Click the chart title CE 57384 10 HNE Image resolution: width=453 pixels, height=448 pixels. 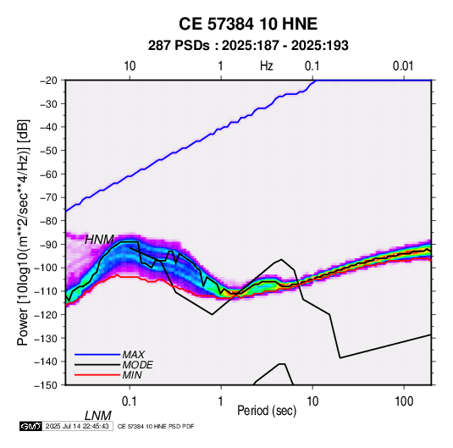248,24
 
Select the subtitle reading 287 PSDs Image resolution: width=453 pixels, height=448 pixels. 179,46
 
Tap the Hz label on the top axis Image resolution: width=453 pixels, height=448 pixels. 267,66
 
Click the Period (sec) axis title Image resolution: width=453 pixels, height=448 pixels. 267,411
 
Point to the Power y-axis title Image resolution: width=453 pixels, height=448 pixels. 23,233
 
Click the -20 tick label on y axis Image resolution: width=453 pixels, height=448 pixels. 48,80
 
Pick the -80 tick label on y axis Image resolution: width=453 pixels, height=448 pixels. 48,221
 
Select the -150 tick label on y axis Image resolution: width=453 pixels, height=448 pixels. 46,385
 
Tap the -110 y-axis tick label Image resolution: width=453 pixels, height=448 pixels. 46,291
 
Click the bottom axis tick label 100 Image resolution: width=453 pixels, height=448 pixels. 404,401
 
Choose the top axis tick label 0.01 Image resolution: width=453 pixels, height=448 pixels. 403,66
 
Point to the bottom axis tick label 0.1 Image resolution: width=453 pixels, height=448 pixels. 130,401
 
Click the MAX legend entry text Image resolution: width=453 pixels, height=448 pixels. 134,354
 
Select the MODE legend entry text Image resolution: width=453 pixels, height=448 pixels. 137,365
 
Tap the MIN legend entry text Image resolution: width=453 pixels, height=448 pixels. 132,375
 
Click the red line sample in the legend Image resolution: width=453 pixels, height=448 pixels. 97,375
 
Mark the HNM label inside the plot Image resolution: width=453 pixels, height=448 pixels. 99,240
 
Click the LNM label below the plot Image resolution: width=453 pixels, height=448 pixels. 98,416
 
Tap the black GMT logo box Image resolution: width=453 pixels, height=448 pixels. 31,426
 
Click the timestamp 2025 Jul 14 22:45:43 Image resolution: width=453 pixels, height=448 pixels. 77,426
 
